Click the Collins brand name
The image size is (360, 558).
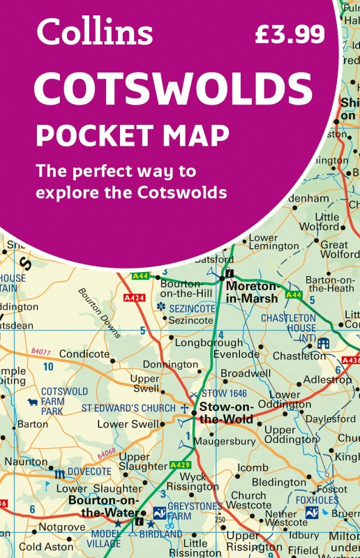click(x=95, y=32)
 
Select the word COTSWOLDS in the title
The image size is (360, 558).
click(x=173, y=89)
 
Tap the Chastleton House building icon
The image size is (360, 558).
click(x=323, y=342)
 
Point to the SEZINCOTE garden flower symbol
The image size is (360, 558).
click(x=161, y=306)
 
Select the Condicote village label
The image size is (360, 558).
click(x=84, y=354)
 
